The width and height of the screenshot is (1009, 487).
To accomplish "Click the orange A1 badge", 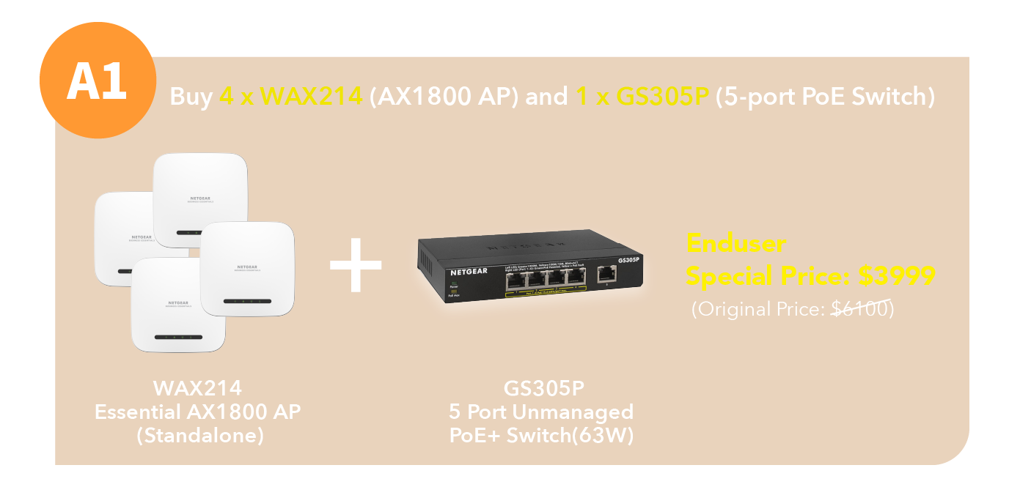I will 98,81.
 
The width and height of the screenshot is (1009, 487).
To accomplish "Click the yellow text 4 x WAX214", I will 291,97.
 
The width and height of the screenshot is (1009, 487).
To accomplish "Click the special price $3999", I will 897,276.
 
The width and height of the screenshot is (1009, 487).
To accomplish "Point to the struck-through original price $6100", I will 859,309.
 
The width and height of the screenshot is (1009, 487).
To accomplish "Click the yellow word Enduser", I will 735,242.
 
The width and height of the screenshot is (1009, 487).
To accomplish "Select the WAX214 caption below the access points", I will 197,387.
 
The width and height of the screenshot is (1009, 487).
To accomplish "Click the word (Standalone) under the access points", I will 197,435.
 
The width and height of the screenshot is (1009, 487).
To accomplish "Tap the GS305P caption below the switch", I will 544,387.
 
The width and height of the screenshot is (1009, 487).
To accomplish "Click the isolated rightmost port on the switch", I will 606,273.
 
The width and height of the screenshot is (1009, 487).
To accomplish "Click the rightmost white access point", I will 247,268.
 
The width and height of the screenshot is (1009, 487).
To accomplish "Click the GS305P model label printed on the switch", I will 628,260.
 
